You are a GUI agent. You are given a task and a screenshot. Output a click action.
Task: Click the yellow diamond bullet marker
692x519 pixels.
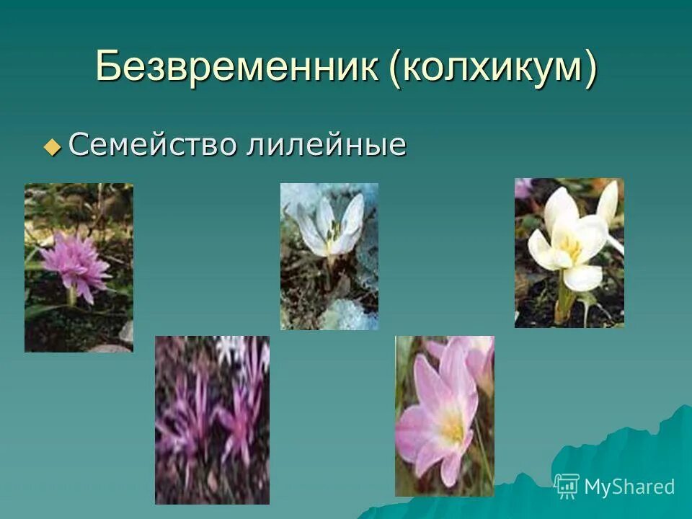pos(53,147)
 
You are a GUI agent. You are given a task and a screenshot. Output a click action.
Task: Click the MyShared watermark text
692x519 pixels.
pos(629,487)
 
